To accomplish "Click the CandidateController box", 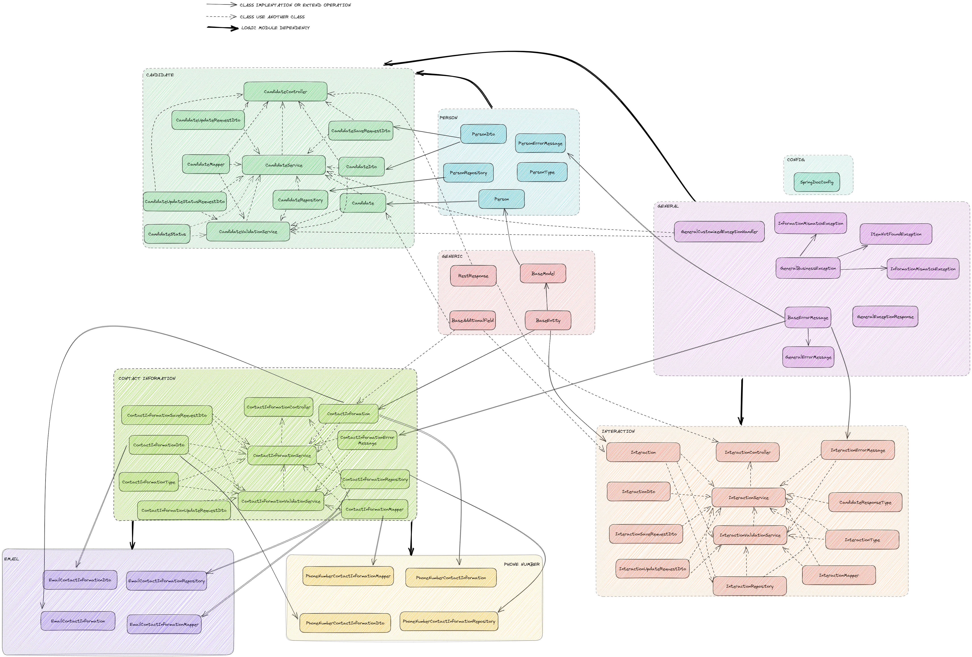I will pyautogui.click(x=285, y=91).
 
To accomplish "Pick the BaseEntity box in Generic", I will pyautogui.click(x=548, y=320).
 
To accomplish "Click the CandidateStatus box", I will pyautogui.click(x=167, y=234).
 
